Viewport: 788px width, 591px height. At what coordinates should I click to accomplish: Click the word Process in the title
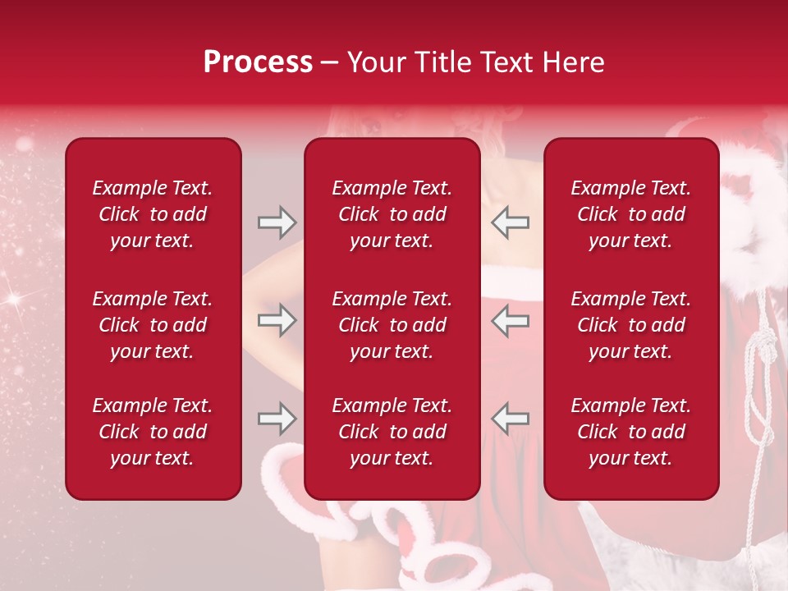[258, 62]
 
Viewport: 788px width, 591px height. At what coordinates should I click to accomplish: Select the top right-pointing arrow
[277, 222]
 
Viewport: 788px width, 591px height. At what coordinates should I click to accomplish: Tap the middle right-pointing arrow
[277, 320]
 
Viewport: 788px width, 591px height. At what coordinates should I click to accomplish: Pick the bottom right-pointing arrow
[277, 419]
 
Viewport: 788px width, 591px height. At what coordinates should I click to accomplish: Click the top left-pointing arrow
[511, 222]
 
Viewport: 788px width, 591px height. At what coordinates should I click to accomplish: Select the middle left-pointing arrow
[511, 320]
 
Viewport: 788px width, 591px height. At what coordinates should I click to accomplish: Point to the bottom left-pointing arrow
[511, 419]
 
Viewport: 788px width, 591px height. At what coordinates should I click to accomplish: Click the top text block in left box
[153, 214]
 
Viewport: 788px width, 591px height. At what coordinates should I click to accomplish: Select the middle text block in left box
[153, 325]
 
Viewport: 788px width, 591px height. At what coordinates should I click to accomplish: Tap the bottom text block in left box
[153, 432]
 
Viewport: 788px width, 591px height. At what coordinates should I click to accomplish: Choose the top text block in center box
[392, 214]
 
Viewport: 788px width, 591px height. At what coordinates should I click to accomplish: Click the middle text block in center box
[392, 325]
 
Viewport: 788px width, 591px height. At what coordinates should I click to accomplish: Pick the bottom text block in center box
[392, 432]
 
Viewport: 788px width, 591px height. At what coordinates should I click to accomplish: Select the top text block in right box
[631, 214]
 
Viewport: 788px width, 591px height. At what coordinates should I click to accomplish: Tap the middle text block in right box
[631, 325]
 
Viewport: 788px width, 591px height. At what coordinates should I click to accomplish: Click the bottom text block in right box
[631, 432]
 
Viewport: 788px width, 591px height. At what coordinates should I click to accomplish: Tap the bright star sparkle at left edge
[14, 300]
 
